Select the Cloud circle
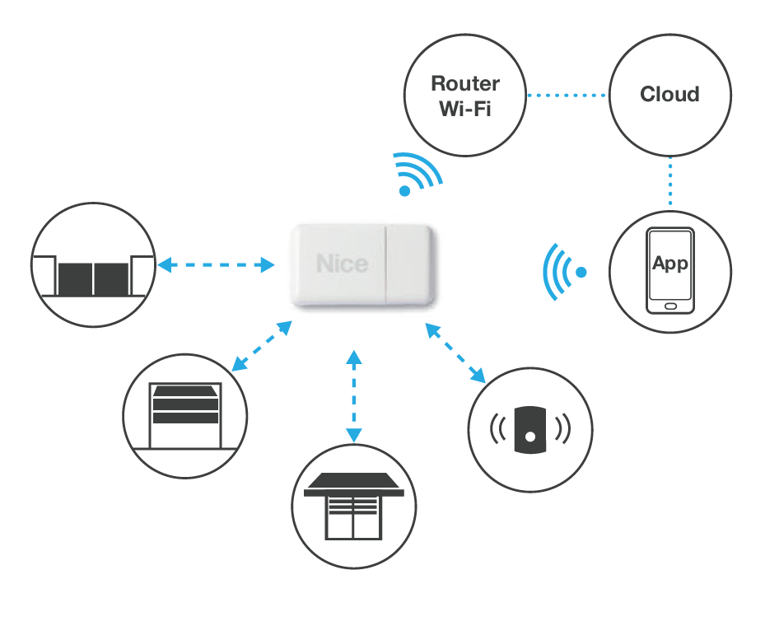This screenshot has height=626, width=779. [x=669, y=95]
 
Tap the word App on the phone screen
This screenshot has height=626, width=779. [x=669, y=264]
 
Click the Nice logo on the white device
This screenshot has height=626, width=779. [x=342, y=264]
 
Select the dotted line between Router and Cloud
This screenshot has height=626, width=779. [x=567, y=95]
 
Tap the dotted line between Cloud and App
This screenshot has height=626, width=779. [x=669, y=183]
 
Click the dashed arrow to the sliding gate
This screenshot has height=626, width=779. [x=216, y=265]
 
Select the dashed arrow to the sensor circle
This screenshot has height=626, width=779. [x=455, y=353]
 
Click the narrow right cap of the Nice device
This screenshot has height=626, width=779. [x=410, y=264]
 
